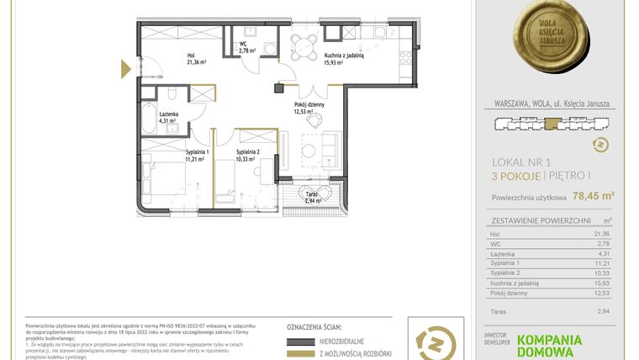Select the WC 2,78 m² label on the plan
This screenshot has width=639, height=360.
247,47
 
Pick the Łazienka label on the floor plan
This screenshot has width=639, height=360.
157,117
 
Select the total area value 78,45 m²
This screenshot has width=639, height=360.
593,197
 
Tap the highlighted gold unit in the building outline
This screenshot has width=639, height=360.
552,124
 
